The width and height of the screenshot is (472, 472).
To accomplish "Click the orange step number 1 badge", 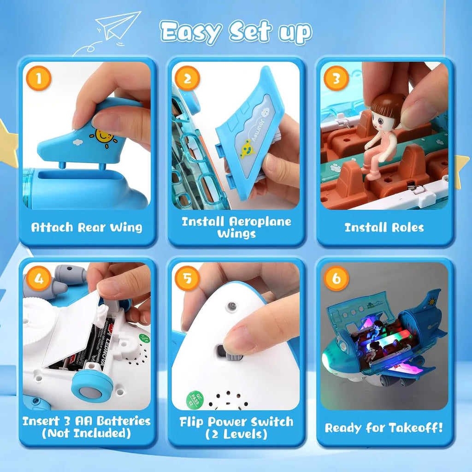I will (38, 79).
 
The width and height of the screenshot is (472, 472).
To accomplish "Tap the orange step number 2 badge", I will (187, 79).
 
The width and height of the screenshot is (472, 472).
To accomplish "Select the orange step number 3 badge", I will (336, 79).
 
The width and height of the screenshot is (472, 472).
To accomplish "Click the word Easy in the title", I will (190, 31).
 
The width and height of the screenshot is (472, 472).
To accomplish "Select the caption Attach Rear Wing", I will (87, 227).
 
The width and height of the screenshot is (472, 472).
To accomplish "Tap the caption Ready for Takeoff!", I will (384, 428).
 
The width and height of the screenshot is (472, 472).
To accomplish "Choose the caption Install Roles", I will (384, 227).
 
